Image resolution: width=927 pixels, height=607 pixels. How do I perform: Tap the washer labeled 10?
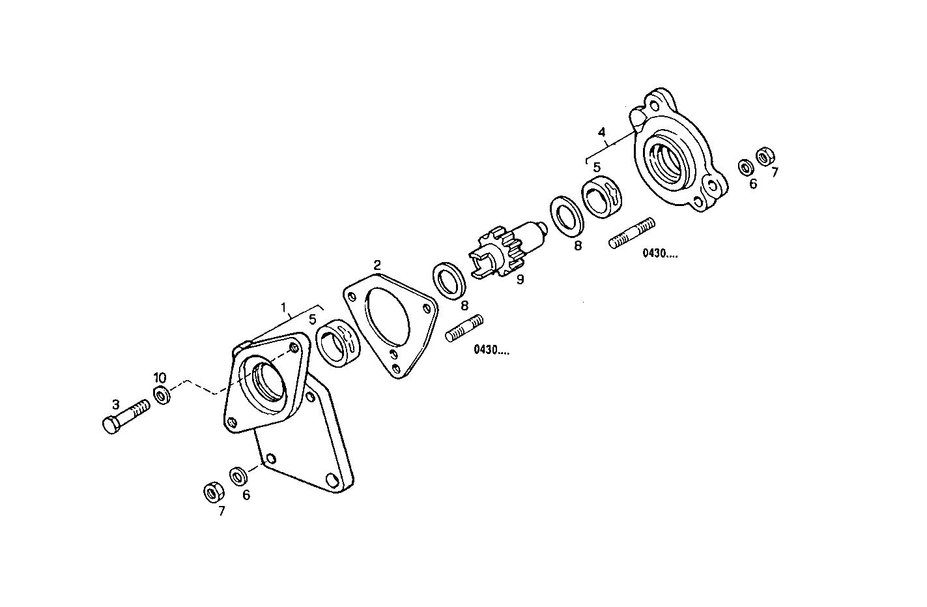[x=162, y=394]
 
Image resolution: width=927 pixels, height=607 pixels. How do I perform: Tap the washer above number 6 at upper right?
[x=745, y=166]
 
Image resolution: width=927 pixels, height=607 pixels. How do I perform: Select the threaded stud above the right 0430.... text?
[x=632, y=233]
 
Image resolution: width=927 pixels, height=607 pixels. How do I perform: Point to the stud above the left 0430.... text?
[x=464, y=328]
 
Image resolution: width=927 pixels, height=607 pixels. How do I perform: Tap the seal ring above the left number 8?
[x=451, y=280]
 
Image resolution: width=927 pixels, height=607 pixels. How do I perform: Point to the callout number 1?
[x=283, y=306]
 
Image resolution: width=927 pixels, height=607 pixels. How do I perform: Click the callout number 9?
[x=520, y=280]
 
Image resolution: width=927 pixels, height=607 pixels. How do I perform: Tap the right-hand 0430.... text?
[x=660, y=254]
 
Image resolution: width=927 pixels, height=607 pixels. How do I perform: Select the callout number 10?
[x=160, y=378]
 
